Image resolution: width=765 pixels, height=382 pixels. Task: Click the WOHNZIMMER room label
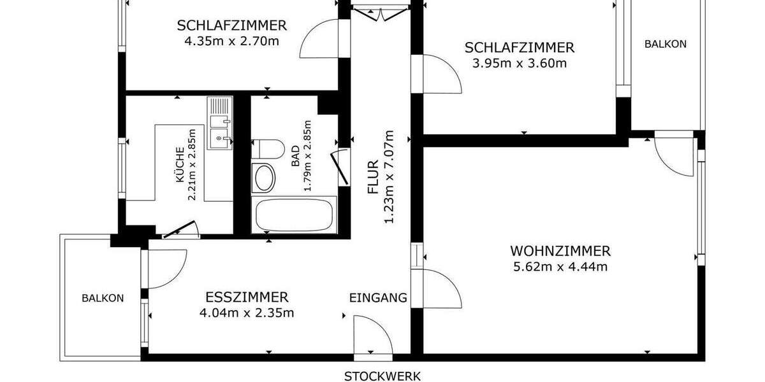[x=560, y=251]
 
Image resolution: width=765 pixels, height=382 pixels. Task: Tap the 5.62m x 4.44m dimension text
[x=560, y=267]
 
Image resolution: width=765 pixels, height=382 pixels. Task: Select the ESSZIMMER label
[x=247, y=297]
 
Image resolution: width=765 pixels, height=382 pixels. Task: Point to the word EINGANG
[x=378, y=297]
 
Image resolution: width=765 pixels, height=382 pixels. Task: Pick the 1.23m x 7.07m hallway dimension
[x=389, y=176]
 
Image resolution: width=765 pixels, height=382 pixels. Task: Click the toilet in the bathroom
[x=268, y=148]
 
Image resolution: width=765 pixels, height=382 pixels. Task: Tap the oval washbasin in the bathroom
[x=263, y=178]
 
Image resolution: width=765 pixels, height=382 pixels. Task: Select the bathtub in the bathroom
[x=295, y=215]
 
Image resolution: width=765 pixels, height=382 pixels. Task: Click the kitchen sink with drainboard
[x=219, y=124]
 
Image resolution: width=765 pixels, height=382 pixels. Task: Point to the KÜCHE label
[x=180, y=166]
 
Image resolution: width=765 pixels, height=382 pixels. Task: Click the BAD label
[x=295, y=156]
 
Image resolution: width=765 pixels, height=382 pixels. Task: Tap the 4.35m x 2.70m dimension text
[x=231, y=41]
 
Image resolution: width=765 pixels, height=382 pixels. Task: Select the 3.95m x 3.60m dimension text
[x=519, y=63]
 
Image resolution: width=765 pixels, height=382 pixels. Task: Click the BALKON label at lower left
[x=102, y=297]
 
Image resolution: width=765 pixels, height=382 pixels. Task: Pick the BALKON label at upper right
[x=665, y=44]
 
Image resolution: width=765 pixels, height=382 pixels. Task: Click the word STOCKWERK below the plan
[x=382, y=376]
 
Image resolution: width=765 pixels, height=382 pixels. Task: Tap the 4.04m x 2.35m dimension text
[x=247, y=313]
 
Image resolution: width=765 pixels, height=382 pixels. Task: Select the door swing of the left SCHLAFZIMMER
[x=322, y=39]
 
